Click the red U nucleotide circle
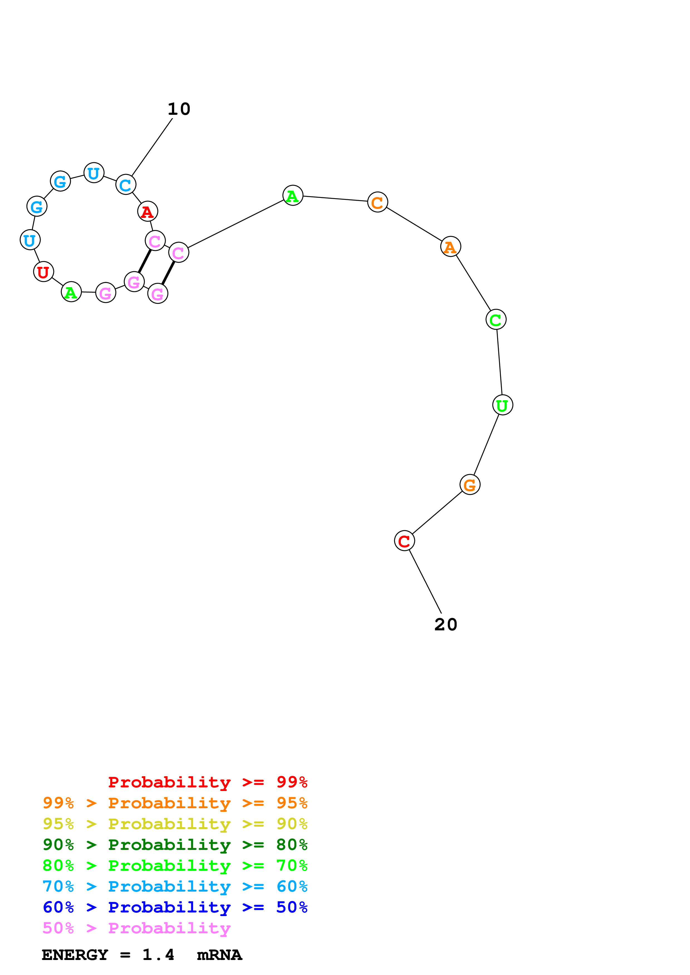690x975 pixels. pyautogui.click(x=43, y=272)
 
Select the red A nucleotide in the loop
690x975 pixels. pyautogui.click(x=148, y=212)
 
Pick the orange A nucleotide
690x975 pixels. pyautogui.click(x=450, y=247)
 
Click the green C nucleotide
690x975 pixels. pyautogui.click(x=496, y=320)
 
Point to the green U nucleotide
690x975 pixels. pyautogui.click(x=502, y=405)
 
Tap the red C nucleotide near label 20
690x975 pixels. pyautogui.click(x=404, y=541)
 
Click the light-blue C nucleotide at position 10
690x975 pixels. pyautogui.click(x=126, y=185)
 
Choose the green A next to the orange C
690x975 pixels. pyautogui.click(x=293, y=196)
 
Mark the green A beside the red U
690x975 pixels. pyautogui.click(x=72, y=292)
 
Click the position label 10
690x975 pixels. pyautogui.click(x=179, y=109)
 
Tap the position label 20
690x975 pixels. pyautogui.click(x=446, y=625)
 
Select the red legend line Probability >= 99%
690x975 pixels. pyautogui.click(x=207, y=782)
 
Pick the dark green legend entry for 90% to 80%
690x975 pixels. pyautogui.click(x=175, y=845)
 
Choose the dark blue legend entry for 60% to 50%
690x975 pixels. pyautogui.click(x=175, y=907)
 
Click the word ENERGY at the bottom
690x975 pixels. pyautogui.click(x=75, y=955)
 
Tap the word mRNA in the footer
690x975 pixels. pyautogui.click(x=219, y=955)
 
